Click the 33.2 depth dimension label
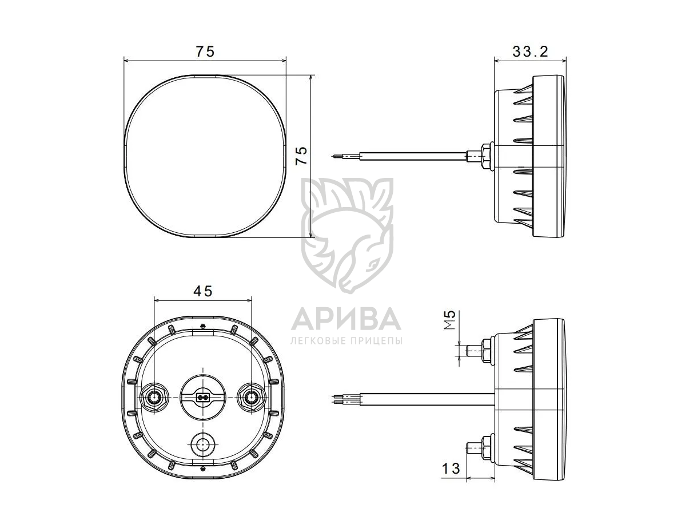click(530, 51)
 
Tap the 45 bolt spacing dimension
click(203, 291)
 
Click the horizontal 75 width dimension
click(205, 51)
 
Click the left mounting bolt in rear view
click(154, 396)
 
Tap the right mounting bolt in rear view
click(252, 396)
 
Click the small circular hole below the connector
click(202, 444)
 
